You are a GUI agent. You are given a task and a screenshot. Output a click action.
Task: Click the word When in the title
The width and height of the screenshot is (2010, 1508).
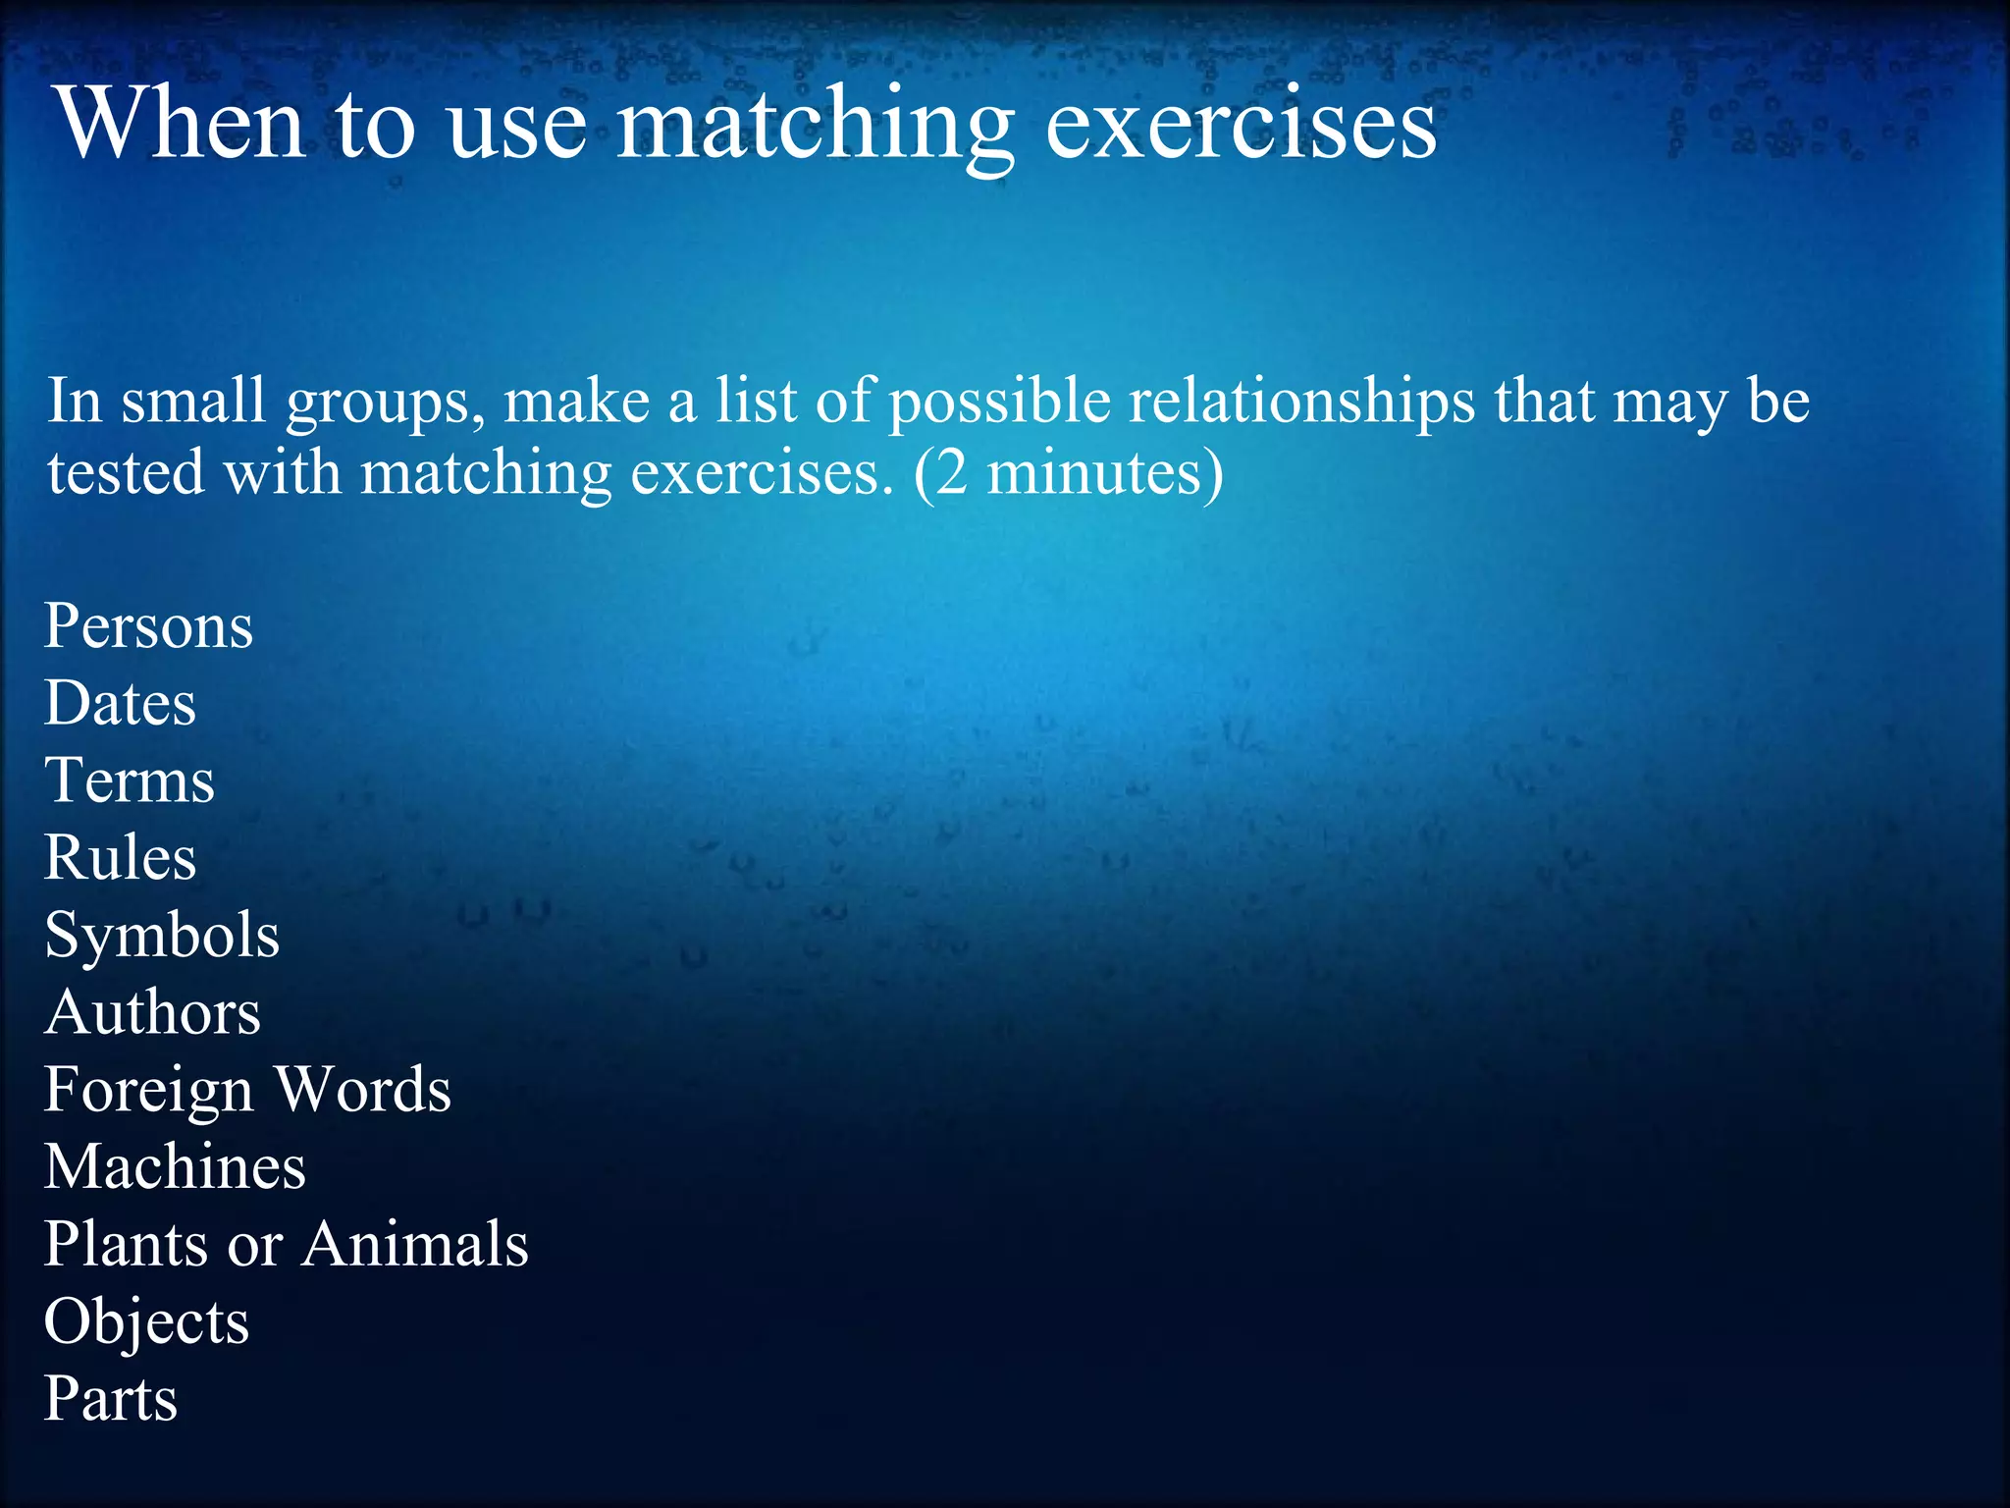click(182, 124)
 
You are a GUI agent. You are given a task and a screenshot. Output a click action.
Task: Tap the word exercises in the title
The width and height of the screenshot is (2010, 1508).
click(1241, 126)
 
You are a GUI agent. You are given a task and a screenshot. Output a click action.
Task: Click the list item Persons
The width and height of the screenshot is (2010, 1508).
click(149, 626)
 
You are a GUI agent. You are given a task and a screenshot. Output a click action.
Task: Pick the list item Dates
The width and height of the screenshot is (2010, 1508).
click(121, 704)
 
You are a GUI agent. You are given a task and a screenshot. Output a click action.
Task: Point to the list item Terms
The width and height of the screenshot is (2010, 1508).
click(130, 781)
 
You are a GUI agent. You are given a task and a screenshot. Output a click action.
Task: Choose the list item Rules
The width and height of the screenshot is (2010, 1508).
click(121, 858)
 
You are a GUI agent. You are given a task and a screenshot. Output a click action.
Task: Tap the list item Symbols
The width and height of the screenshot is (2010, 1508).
click(162, 936)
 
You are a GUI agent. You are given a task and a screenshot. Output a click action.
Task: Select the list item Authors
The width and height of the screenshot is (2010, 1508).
click(153, 1012)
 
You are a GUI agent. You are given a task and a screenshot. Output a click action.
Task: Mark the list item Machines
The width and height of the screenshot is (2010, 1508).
click(175, 1167)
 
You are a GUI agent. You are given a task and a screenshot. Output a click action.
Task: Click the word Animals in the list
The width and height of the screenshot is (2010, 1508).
click(415, 1245)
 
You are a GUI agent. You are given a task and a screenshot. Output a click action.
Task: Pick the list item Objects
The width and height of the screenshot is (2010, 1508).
click(147, 1322)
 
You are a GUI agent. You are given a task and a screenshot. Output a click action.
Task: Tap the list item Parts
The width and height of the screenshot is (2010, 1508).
click(111, 1399)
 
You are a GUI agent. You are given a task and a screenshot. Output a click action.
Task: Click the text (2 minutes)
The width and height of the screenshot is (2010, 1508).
click(1068, 473)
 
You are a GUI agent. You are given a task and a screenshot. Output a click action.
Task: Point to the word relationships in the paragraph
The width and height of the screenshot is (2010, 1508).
click(1301, 402)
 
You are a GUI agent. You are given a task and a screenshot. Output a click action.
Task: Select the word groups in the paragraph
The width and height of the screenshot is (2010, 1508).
click(385, 404)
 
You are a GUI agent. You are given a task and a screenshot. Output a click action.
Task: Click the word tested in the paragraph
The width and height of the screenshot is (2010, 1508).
click(126, 473)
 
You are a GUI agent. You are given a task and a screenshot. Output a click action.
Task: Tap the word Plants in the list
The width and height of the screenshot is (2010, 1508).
click(127, 1245)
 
